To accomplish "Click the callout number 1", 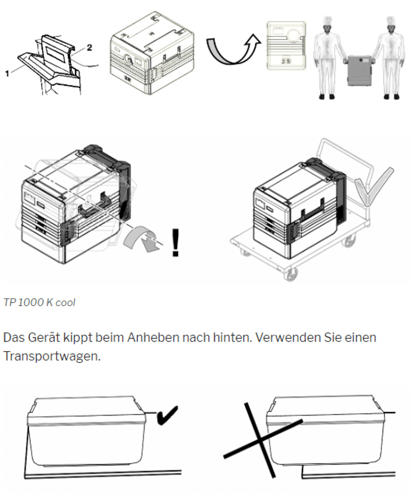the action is click(7, 73).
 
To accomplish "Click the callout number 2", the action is click(90, 48).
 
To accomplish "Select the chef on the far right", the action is click(388, 58).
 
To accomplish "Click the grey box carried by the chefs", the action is click(360, 71).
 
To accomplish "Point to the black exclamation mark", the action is click(175, 243).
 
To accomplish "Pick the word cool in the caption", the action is click(65, 303).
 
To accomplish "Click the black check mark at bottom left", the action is click(166, 416).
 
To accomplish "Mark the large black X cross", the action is click(261, 439).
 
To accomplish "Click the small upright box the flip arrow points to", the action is click(286, 45).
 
